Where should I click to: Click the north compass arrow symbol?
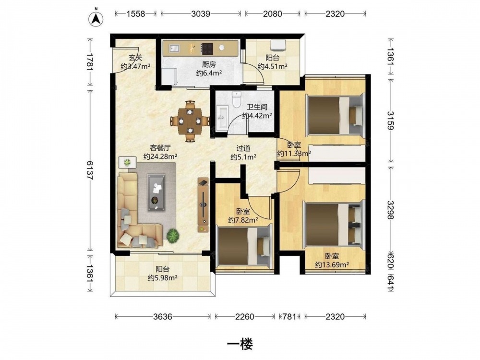[x=96, y=19]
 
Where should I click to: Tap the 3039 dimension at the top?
[x=201, y=13]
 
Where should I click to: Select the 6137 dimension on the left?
[x=89, y=170]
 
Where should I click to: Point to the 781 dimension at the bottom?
[x=288, y=316]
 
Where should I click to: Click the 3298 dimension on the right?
[x=391, y=210]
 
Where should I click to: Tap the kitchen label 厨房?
[x=209, y=65]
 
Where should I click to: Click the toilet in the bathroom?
[x=236, y=99]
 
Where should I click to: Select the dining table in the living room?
[x=190, y=121]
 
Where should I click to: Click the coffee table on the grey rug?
[x=156, y=192]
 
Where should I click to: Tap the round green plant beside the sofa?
[x=173, y=235]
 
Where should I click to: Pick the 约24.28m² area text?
[x=160, y=156]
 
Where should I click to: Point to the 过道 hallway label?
[x=243, y=148]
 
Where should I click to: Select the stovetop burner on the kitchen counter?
[x=207, y=48]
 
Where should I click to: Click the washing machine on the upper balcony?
[x=278, y=45]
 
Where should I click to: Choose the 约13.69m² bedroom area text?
[x=332, y=265]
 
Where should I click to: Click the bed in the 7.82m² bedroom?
[x=244, y=245]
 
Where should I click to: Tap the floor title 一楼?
[x=240, y=345]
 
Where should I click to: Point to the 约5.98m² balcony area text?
[x=163, y=277]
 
